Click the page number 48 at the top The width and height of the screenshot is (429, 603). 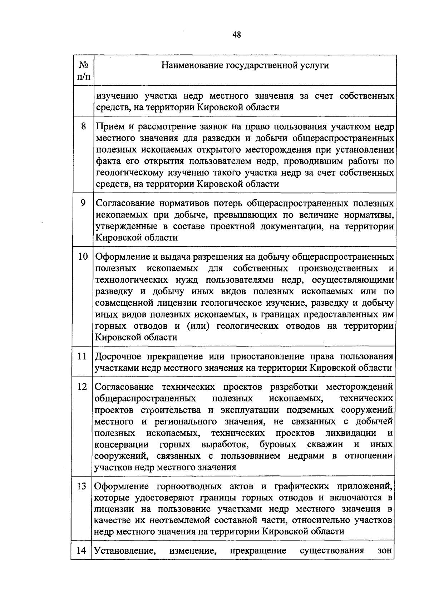coord(236,35)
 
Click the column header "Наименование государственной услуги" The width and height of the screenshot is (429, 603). coord(245,65)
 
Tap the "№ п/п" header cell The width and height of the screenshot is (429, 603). coord(83,70)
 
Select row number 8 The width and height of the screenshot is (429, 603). coord(83,126)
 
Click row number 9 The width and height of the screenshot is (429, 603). coord(83,203)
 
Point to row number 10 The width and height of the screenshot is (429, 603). coord(83,256)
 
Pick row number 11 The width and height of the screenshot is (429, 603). coord(83,356)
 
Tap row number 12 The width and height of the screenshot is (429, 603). coord(82,387)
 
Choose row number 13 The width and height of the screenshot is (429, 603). coord(82,486)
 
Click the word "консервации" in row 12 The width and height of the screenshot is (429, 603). coord(122,445)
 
